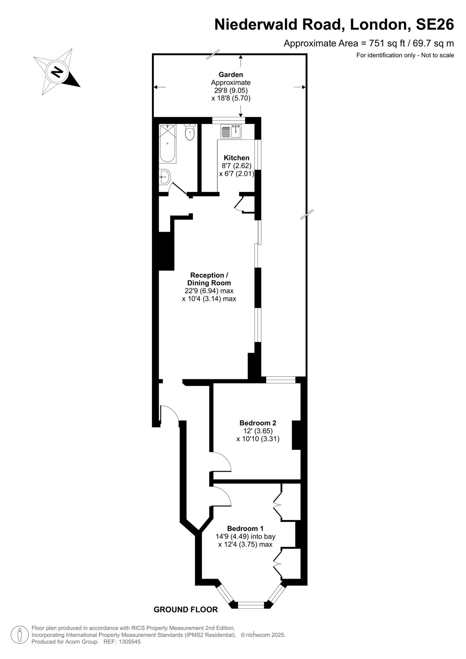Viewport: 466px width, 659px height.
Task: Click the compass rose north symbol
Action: [x=57, y=72]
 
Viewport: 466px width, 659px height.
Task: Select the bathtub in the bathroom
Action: [x=168, y=144]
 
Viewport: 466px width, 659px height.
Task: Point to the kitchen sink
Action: [x=231, y=131]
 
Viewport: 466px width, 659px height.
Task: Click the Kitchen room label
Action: [x=237, y=158]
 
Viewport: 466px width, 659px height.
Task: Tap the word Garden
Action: [x=231, y=75]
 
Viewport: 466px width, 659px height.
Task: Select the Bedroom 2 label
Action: [x=258, y=423]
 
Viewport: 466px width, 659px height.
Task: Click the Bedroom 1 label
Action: [x=245, y=528]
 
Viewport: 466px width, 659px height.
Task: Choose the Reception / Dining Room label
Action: [x=209, y=279]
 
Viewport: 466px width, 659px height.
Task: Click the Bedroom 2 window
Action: [x=281, y=379]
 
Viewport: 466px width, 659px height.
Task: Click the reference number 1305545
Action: [x=129, y=642]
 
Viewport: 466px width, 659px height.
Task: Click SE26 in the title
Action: [x=435, y=24]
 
